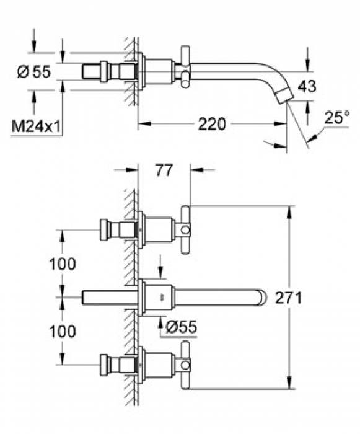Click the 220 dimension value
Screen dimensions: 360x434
coord(212,124)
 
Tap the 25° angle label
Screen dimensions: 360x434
coord(336,117)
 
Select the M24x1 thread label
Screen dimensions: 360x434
coord(37,127)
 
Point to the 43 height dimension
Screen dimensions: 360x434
coord(307,86)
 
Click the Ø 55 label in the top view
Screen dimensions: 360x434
coord(34,72)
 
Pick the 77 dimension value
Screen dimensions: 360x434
coord(164,170)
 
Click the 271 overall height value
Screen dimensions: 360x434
coord(288,298)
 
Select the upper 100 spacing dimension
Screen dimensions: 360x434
coord(62,263)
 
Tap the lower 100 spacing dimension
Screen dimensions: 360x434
coord(62,331)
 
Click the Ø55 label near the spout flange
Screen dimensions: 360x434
coord(181,327)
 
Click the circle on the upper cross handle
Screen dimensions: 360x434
coord(186,230)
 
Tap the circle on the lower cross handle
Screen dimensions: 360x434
coord(186,365)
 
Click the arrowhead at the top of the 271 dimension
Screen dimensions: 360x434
coord(289,212)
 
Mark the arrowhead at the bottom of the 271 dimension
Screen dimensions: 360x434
coord(289,383)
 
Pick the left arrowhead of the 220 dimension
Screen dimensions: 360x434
coord(144,124)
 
